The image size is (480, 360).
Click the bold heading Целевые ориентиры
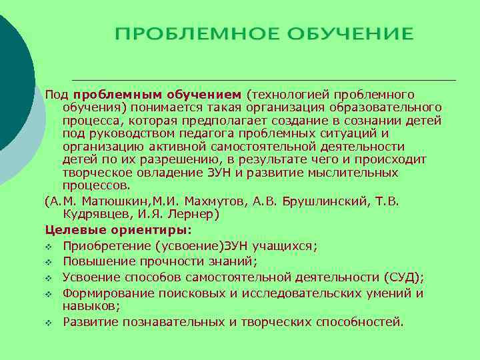click(x=118, y=230)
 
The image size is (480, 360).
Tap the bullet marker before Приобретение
click(x=49, y=247)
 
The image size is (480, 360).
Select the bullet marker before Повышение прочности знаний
click(x=49, y=262)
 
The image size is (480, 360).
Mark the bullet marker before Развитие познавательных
click(x=49, y=323)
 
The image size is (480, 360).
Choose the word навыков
click(x=91, y=306)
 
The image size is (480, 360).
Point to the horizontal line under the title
click(x=263, y=80)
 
